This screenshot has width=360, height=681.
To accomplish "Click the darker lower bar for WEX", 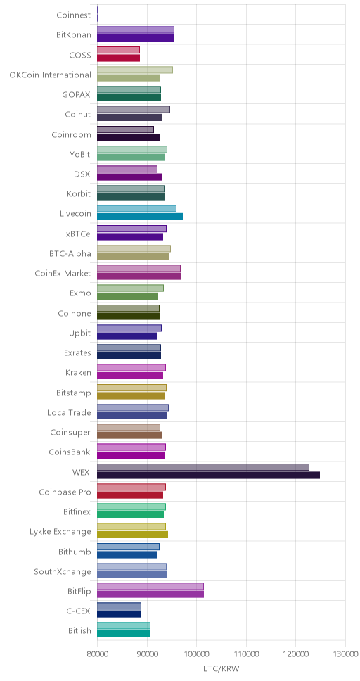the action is [x=208, y=475].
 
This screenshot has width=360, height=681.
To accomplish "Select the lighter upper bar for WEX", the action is [x=203, y=467].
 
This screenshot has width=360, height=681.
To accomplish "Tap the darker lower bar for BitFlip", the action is [x=150, y=594].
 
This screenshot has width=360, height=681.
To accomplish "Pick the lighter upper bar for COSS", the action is [x=119, y=50].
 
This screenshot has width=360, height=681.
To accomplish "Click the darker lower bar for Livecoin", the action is [x=140, y=217].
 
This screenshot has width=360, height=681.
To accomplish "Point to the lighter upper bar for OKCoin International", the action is [x=135, y=70].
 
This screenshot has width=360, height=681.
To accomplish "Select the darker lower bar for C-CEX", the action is [x=119, y=614].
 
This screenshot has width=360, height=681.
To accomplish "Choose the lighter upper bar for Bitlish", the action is [x=124, y=625].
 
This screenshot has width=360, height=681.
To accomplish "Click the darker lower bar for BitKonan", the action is [x=136, y=38].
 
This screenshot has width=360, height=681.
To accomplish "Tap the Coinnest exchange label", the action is [x=74, y=15].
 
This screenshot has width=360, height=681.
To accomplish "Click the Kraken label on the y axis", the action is [x=78, y=372].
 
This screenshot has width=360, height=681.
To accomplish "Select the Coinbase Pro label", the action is [x=65, y=492].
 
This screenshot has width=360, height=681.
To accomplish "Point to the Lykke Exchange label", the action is [x=60, y=532].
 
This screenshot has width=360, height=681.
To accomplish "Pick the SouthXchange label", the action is [x=63, y=571].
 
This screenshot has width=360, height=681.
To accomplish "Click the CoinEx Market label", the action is [x=63, y=273].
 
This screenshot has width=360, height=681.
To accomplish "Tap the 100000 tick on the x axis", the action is [x=197, y=654].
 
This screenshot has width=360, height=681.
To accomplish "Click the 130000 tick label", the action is [x=346, y=654].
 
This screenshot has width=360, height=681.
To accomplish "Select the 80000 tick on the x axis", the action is [x=97, y=654].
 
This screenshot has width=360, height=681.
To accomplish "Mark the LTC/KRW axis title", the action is [x=221, y=668].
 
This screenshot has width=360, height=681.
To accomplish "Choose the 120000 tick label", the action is [x=296, y=654].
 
